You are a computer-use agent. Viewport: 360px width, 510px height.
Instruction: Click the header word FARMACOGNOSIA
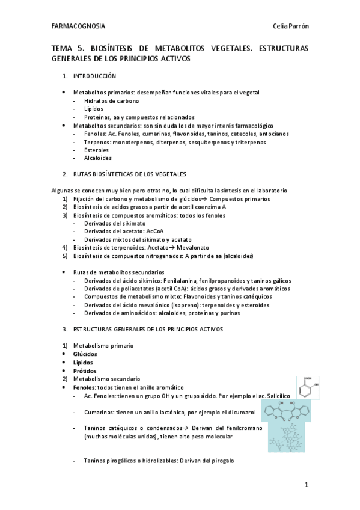click(78, 26)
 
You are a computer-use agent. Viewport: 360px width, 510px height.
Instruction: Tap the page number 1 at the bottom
click(306, 484)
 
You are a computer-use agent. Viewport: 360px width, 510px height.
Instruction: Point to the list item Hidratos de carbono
click(111, 101)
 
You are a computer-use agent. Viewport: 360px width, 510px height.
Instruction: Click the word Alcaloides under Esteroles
click(98, 158)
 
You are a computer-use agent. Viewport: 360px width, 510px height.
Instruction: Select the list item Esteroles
click(97, 150)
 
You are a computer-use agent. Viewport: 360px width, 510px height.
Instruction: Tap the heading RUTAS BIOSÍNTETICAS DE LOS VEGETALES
click(129, 174)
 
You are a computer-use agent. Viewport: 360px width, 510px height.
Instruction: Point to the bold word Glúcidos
click(85, 354)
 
